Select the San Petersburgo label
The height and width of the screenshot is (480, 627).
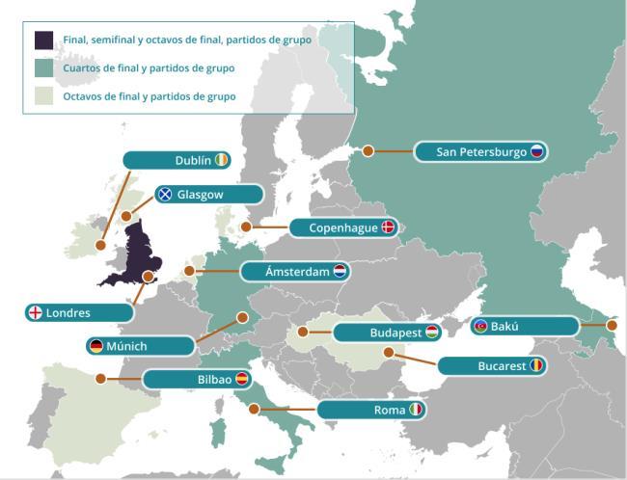pyautogui.click(x=480, y=151)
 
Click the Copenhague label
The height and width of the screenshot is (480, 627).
pyautogui.click(x=343, y=227)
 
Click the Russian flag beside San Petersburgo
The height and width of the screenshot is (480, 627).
pyautogui.click(x=537, y=151)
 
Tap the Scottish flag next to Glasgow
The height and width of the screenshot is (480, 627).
pyautogui.click(x=165, y=194)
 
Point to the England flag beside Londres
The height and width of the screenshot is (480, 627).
pyautogui.click(x=35, y=312)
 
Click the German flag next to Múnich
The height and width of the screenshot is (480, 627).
pyautogui.click(x=95, y=345)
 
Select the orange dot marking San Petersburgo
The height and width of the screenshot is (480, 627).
pyautogui.click(x=368, y=150)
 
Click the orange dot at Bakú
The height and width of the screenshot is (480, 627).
pyautogui.click(x=612, y=325)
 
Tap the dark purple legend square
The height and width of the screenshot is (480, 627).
pyautogui.click(x=43, y=40)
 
